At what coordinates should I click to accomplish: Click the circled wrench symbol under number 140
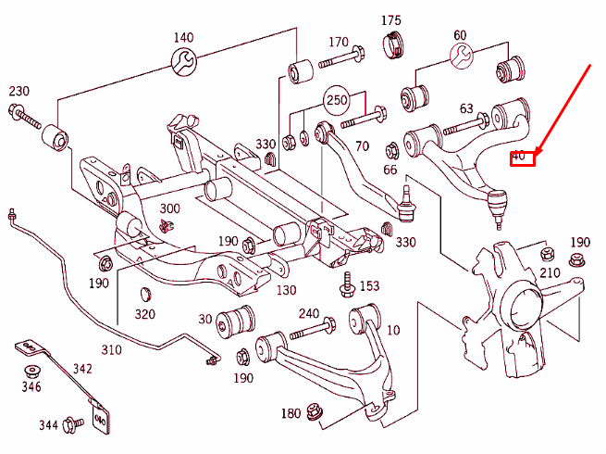pyautogui.click(x=183, y=62)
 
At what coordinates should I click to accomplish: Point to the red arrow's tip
pyautogui.click(x=537, y=152)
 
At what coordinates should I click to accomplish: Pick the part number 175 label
pyautogui.click(x=391, y=20)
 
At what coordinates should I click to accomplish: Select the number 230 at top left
pyautogui.click(x=19, y=91)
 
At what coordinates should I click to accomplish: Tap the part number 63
pyautogui.click(x=466, y=110)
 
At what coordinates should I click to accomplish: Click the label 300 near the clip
pyautogui.click(x=169, y=208)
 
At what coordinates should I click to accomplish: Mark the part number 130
pyautogui.click(x=285, y=289)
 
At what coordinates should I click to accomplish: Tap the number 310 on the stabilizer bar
pyautogui.click(x=111, y=349)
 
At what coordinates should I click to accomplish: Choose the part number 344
pyautogui.click(x=49, y=425)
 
